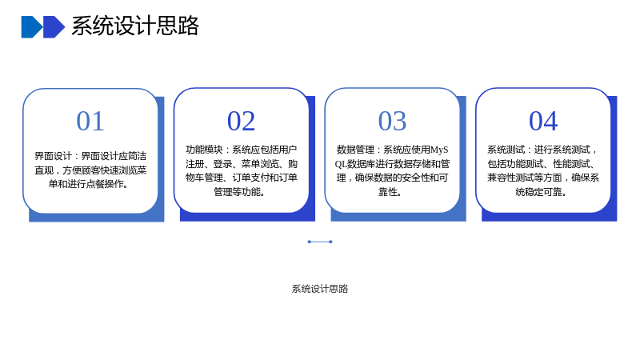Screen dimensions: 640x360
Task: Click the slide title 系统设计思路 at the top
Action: [x=135, y=26]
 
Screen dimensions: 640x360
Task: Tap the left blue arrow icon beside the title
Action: [x=32, y=27]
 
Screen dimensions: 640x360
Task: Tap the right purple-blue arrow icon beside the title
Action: [x=54, y=27]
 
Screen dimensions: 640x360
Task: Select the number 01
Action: [x=90, y=121]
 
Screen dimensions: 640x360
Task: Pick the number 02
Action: [x=242, y=121]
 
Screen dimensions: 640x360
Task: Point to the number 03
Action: [x=392, y=121]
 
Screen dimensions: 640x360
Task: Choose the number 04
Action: [x=543, y=121]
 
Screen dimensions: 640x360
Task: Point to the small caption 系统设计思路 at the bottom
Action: [x=320, y=289]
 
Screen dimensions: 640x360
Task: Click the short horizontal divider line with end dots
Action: [x=320, y=242]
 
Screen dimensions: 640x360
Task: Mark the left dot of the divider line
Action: [x=310, y=242]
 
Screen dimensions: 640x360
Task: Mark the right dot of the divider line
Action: [x=330, y=242]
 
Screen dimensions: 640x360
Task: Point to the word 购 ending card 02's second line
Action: [x=293, y=164]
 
